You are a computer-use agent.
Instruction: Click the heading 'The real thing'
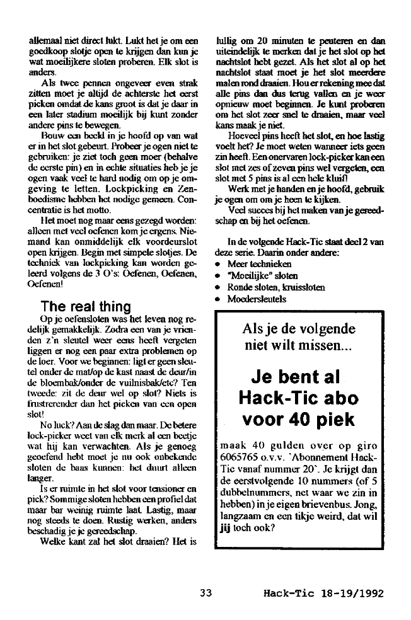[x=85, y=307]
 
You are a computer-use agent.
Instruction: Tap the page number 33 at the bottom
[x=205, y=593]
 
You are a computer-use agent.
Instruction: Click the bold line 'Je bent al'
[x=295, y=378]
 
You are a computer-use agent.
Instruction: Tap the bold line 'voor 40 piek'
[x=295, y=419]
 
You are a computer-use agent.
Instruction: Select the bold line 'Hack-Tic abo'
[x=295, y=398]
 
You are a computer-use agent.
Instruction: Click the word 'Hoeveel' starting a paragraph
[x=247, y=135]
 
